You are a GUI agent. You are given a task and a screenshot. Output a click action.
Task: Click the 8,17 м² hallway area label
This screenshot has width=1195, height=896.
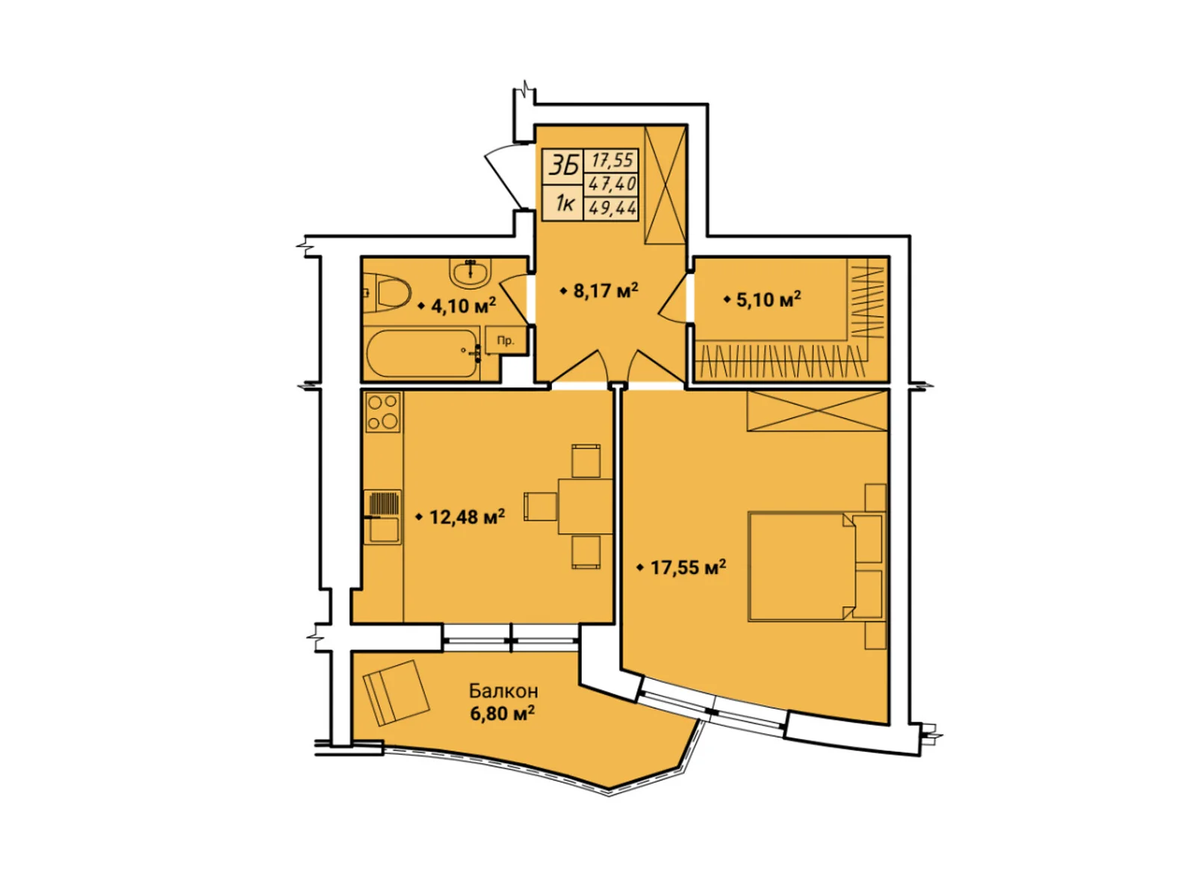[x=605, y=290]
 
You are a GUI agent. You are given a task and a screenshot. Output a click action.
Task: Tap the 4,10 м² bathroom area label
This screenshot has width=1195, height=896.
[x=463, y=305]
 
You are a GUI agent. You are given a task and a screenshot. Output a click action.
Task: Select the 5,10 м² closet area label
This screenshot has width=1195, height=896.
[x=769, y=299]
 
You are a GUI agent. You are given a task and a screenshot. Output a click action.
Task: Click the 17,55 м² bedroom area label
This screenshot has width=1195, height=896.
[x=688, y=568]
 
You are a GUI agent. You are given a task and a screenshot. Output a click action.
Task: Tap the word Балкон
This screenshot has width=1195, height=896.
[x=503, y=691]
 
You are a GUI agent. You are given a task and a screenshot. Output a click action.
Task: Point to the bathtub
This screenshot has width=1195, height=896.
[x=423, y=354]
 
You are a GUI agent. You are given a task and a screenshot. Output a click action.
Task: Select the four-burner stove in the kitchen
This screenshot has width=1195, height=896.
[x=382, y=412]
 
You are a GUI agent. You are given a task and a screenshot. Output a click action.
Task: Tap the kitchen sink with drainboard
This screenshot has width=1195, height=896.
[x=382, y=517]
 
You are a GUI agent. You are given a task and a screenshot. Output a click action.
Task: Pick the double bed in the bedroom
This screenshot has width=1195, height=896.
[x=815, y=566]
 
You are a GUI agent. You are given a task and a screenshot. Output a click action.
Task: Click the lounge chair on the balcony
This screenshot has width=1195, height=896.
[x=397, y=693]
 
